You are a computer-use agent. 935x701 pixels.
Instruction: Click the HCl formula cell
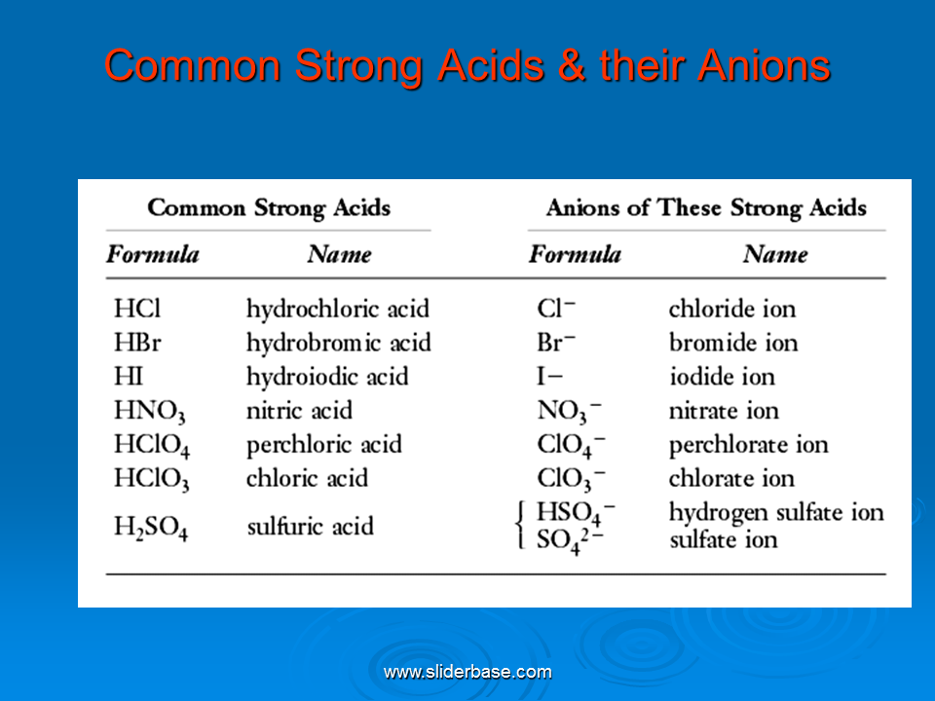tap(137, 309)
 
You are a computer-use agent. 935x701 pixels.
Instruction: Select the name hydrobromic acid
tap(339, 343)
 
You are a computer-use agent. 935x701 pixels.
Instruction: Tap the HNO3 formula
tap(150, 411)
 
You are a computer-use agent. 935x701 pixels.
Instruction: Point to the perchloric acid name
tap(324, 445)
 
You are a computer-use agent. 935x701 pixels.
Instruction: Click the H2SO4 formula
tap(151, 528)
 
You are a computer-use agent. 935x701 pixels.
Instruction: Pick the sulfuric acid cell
tap(311, 527)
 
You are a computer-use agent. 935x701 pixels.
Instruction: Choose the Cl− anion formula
tap(556, 309)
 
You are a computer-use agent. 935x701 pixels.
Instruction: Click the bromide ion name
tap(733, 343)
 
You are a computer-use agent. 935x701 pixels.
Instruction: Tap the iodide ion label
tap(722, 377)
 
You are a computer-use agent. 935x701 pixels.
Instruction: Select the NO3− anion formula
tap(570, 411)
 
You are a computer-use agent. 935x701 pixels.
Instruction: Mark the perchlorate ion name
tap(749, 445)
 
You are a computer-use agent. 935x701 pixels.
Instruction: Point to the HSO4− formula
tap(576, 513)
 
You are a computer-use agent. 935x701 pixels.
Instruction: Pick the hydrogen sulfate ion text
tap(776, 513)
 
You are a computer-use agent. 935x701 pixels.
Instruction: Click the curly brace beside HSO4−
tap(520, 525)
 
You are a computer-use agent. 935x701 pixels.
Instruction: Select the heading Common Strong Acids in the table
tap(269, 208)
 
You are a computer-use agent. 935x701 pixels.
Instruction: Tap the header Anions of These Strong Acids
tap(707, 208)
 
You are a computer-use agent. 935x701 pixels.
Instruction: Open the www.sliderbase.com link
tap(467, 673)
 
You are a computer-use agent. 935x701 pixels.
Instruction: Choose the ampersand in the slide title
tap(572, 65)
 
